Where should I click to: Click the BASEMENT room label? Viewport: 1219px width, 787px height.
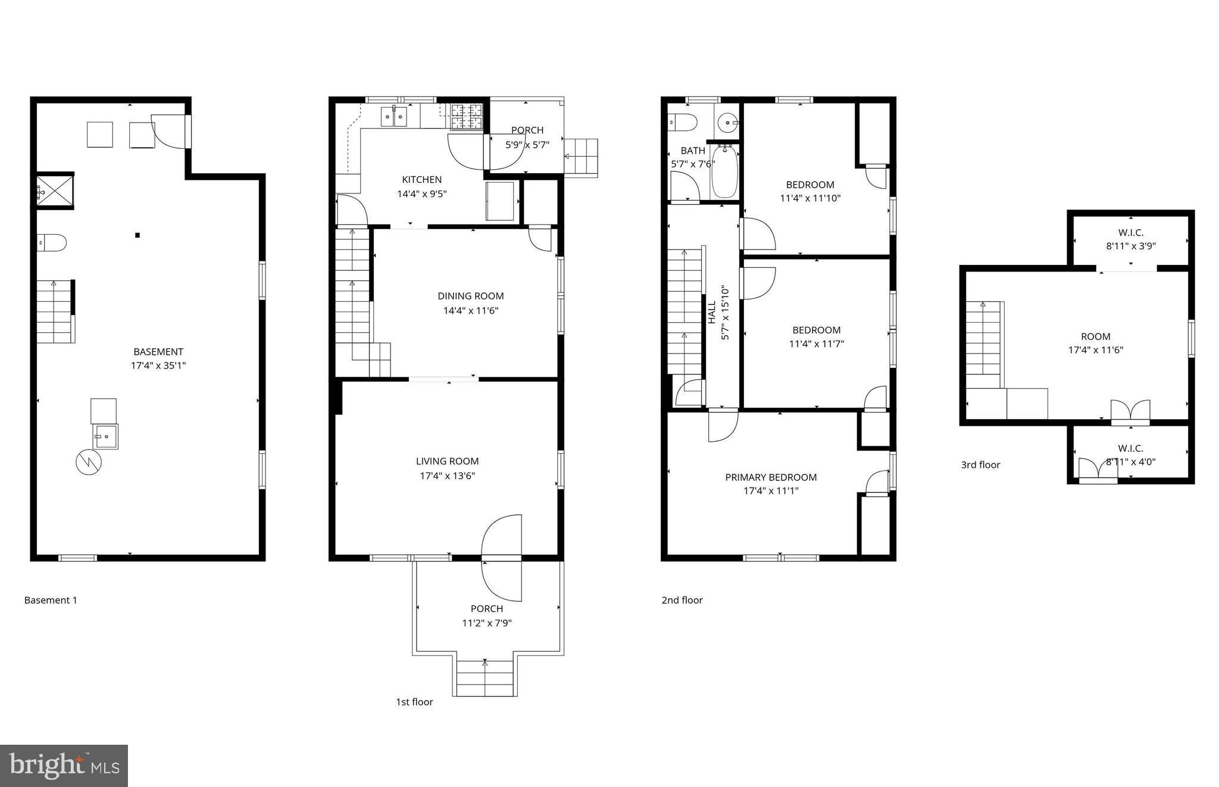(158, 352)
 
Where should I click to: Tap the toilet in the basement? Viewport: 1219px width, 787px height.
(52, 242)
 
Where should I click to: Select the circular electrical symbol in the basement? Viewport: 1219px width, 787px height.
(89, 462)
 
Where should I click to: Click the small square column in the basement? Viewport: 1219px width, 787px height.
(137, 235)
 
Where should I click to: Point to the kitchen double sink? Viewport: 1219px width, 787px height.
(394, 117)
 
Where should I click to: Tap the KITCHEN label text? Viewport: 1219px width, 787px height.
(422, 180)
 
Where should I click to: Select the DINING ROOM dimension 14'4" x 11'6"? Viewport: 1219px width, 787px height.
(471, 310)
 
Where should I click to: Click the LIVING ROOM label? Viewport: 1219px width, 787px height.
(447, 461)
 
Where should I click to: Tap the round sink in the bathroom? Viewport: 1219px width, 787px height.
(727, 123)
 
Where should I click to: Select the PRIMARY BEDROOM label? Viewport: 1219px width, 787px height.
(771, 477)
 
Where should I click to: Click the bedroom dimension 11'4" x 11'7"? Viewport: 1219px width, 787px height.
(816, 343)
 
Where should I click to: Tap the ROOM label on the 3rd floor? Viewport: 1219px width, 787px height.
(1096, 336)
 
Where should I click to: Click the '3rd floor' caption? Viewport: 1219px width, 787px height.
(980, 465)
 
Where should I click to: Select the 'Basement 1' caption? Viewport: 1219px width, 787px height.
(51, 600)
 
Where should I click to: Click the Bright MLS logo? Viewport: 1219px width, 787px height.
(64, 766)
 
